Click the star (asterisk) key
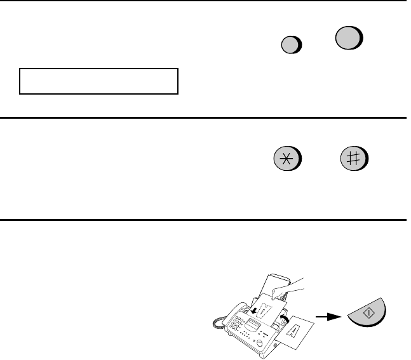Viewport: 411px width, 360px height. click(x=287, y=159)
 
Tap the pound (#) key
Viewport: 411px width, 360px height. click(x=354, y=159)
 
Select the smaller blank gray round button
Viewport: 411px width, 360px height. click(x=291, y=45)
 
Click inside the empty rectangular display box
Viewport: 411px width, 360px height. click(x=99, y=81)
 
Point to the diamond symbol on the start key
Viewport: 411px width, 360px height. click(x=369, y=312)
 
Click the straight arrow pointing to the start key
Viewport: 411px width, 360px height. click(x=328, y=317)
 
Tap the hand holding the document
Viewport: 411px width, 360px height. click(x=287, y=289)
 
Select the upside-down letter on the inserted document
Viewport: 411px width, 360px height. click(x=265, y=310)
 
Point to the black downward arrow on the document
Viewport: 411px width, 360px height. click(x=253, y=310)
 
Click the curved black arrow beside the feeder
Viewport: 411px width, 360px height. click(x=285, y=319)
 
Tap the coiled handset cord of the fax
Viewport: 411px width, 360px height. click(x=219, y=323)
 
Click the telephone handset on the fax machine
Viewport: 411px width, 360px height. click(x=234, y=314)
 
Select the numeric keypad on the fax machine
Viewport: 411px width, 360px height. click(x=236, y=323)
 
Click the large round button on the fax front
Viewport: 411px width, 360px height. click(x=260, y=343)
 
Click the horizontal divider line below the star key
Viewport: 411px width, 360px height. click(x=203, y=220)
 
